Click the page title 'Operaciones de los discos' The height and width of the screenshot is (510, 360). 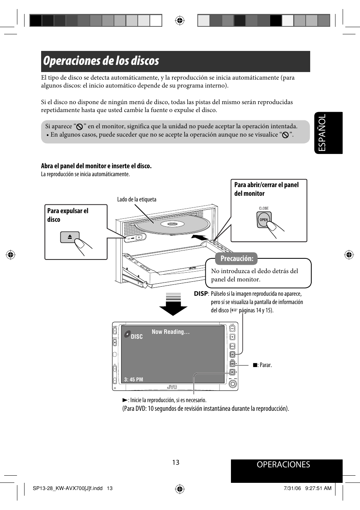[101, 61]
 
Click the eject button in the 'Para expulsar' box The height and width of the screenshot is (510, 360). [70, 237]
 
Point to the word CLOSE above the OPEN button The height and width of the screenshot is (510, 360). [263, 208]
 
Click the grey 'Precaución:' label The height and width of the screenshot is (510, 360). [237, 258]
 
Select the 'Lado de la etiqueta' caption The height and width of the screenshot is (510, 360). [137, 200]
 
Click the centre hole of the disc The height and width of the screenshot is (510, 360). [172, 224]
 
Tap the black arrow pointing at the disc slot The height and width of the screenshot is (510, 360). [199, 238]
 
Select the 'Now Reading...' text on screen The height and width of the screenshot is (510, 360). [171, 332]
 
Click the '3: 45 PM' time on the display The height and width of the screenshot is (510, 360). [134, 379]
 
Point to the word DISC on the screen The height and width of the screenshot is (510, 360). [137, 337]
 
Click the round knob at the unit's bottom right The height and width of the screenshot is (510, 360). [232, 384]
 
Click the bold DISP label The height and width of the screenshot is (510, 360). [201, 293]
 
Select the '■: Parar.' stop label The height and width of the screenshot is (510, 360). [262, 365]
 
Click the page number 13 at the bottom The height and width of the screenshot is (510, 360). [176, 462]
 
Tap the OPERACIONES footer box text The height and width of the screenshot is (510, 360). [283, 465]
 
